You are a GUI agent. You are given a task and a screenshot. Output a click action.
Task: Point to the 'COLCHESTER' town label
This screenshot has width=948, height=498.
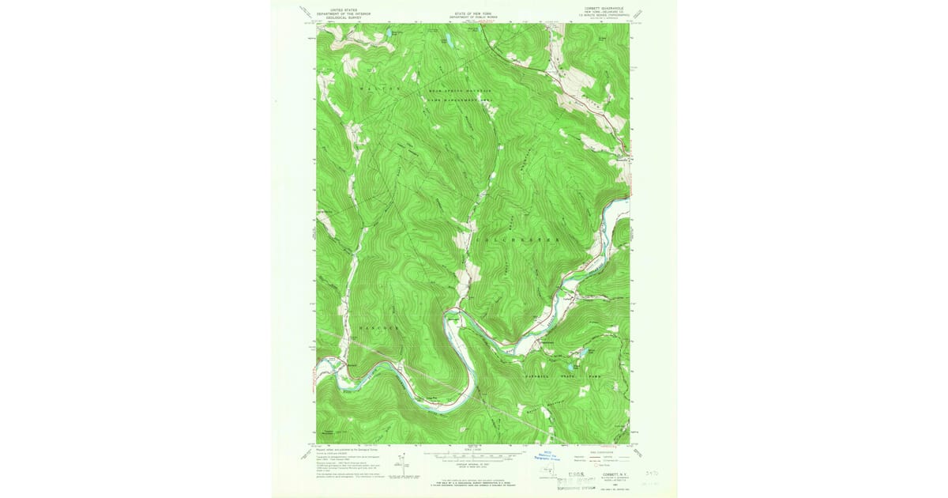[x=519, y=239]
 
